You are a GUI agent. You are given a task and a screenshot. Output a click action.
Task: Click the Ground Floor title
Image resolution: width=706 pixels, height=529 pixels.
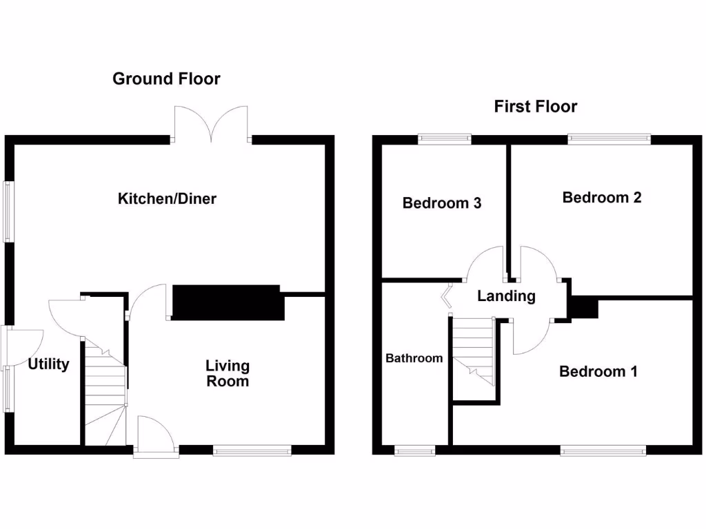166,79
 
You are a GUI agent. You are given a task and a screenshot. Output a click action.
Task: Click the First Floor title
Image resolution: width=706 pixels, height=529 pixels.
535,106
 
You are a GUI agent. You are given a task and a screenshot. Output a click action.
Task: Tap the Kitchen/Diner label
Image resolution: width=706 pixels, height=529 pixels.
168,199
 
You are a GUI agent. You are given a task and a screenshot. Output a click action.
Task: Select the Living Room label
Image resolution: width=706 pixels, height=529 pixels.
228,373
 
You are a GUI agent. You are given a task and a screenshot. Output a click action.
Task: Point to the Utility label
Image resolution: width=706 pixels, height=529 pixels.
48,364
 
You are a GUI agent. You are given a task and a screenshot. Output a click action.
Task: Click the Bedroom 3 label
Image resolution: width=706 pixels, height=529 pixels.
442,203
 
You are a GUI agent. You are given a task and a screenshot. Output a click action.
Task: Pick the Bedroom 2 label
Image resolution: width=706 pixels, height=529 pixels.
602,198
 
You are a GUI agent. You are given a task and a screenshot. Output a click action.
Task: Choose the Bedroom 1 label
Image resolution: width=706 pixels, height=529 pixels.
598,372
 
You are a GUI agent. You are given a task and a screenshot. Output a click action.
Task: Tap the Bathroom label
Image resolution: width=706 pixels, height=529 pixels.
414,358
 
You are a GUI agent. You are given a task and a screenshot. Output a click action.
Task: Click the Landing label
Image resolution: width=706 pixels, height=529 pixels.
506,296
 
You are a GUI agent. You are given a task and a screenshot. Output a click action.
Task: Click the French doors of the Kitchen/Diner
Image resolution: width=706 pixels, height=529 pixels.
211,124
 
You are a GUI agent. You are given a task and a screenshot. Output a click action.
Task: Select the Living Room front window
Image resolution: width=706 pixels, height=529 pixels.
252,450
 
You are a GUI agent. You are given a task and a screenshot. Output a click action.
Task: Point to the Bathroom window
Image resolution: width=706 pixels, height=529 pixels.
415,450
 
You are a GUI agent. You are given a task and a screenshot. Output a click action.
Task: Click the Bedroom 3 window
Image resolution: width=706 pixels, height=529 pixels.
445,138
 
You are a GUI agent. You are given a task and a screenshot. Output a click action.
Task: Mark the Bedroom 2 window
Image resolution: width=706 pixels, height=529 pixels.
609,138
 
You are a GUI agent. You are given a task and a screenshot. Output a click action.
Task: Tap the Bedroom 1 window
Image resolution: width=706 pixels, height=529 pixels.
603,450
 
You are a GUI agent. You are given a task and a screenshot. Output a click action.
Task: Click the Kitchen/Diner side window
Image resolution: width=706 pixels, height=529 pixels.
9,211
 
